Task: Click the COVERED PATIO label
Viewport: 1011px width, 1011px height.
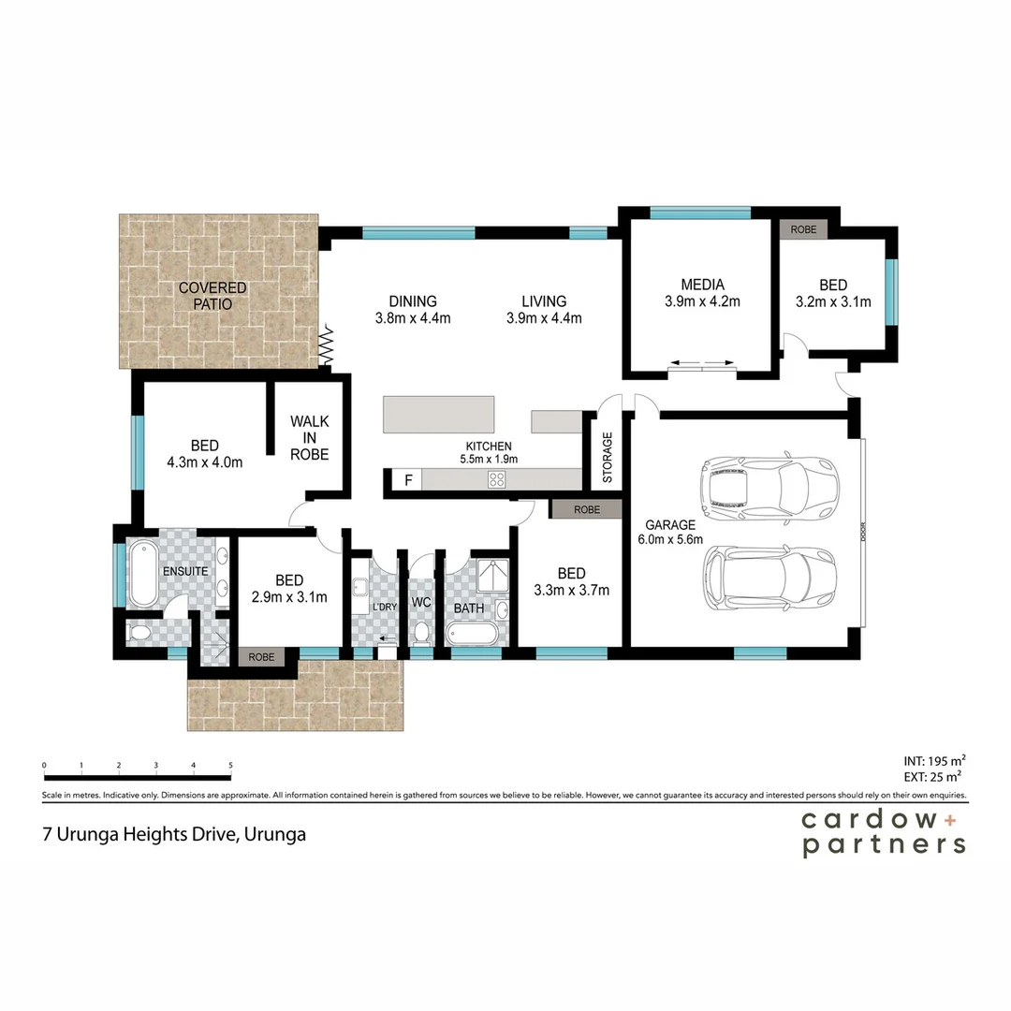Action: pos(212,296)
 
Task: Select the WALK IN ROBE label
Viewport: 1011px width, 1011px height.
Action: pos(309,438)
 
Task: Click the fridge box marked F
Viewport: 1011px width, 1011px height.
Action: pos(407,480)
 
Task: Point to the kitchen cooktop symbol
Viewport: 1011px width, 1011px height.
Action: pos(497,480)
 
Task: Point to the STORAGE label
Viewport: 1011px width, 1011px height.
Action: pos(607,458)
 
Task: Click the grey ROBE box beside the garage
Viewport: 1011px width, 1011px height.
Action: pos(586,510)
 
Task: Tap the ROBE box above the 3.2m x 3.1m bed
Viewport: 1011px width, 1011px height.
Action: pos(802,229)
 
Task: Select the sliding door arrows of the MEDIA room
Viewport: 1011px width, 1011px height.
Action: pos(702,364)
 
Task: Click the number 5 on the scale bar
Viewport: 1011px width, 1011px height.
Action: pos(230,766)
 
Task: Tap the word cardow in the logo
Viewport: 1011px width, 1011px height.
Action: pos(867,820)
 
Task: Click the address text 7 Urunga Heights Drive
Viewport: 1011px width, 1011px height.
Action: pos(139,833)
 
